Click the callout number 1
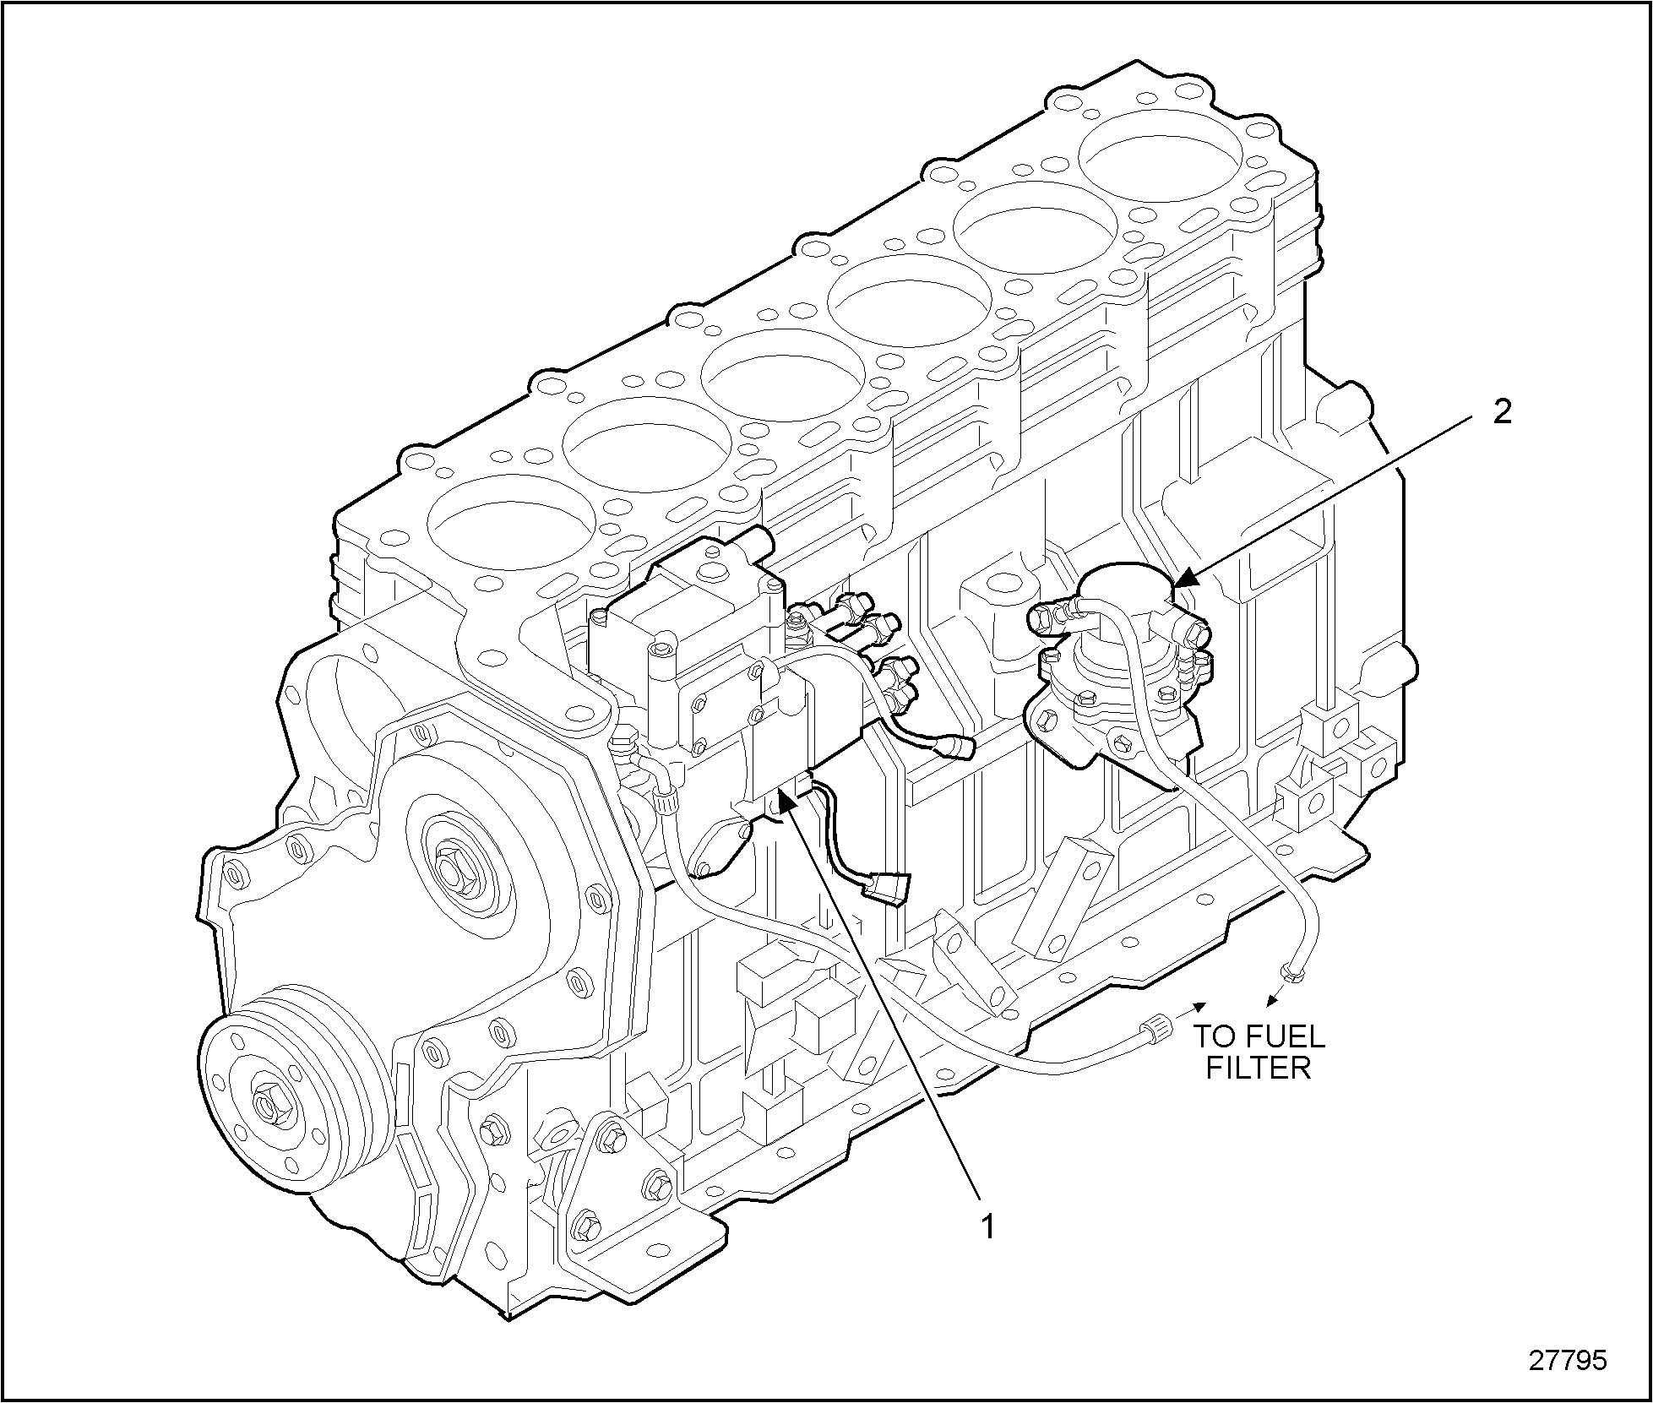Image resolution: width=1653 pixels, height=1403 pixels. pos(987,1226)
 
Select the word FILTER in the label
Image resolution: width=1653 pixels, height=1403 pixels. pos(1258,1069)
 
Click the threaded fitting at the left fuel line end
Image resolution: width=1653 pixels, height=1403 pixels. pos(1154,1030)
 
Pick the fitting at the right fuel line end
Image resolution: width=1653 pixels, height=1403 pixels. pos(1291,974)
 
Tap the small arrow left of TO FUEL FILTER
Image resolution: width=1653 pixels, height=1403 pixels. pos(1194,1006)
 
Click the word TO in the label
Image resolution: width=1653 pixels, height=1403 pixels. pos(1212,1036)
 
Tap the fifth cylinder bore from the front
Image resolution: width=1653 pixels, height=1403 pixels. pos(1035,227)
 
